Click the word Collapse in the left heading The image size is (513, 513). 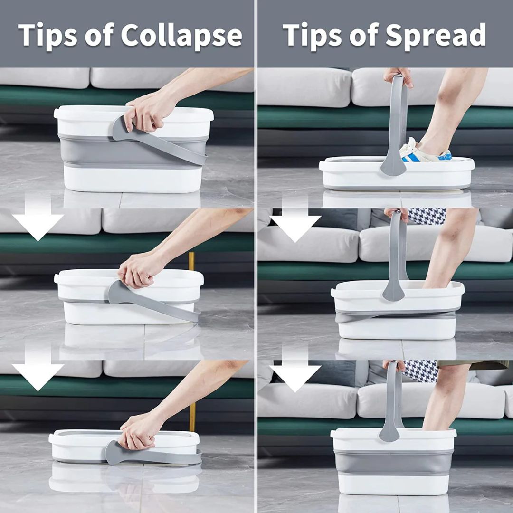click(181, 35)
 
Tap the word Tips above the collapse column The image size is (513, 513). click(48, 35)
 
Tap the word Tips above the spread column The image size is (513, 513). click(313, 35)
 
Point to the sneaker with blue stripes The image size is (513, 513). click(425, 152)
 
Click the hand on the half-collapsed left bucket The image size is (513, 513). click(139, 270)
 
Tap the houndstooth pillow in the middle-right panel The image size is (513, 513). click(427, 216)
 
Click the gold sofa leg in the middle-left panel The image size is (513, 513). click(191, 261)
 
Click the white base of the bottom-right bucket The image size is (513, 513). click(394, 484)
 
